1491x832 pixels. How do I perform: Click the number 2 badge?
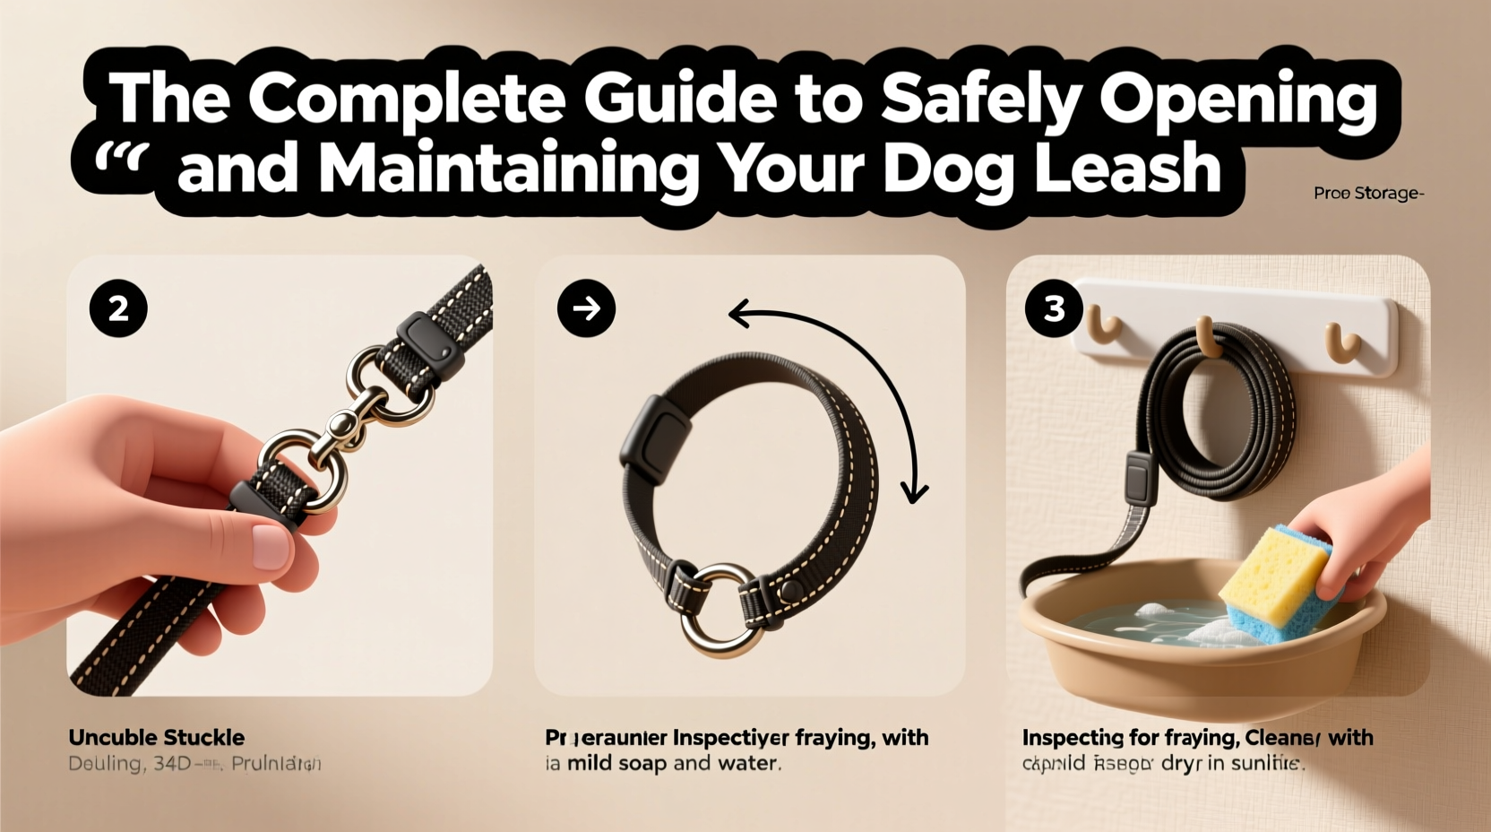(x=118, y=308)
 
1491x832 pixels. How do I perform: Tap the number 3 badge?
(x=1054, y=308)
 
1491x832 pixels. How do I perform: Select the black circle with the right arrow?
(x=586, y=308)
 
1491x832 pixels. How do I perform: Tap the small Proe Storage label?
(x=1367, y=193)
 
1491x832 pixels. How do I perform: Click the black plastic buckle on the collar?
(x=652, y=434)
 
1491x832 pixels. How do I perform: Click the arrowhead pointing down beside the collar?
(x=915, y=491)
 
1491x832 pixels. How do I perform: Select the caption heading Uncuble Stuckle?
(x=157, y=738)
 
